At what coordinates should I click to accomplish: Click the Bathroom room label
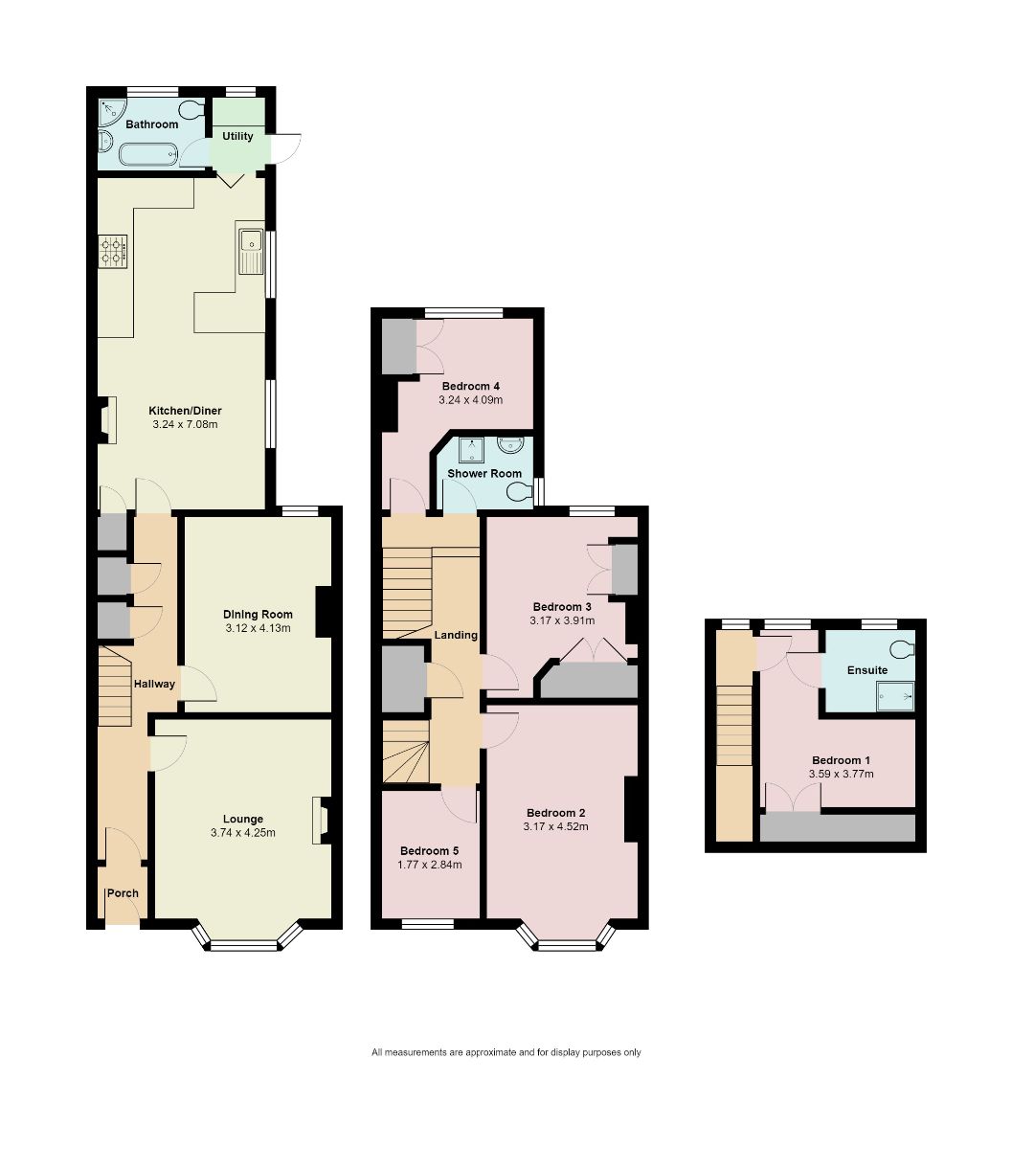click(151, 124)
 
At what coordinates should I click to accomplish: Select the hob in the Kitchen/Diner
click(114, 250)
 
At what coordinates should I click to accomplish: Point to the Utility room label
click(237, 136)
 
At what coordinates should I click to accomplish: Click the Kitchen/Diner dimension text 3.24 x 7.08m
click(185, 424)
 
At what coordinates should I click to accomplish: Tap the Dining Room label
click(258, 615)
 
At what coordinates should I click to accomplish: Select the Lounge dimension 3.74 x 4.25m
click(242, 833)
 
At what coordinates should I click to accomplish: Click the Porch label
click(123, 893)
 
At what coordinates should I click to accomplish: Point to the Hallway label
click(154, 684)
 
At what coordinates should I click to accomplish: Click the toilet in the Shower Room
click(521, 492)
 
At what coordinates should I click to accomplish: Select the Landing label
click(456, 635)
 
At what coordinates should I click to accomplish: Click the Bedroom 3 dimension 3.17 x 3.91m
click(562, 620)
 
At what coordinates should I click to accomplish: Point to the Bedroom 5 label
click(430, 851)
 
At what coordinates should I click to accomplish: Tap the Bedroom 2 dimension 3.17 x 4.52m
click(555, 827)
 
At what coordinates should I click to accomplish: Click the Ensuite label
click(867, 670)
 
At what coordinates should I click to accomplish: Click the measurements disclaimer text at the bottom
click(506, 1052)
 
